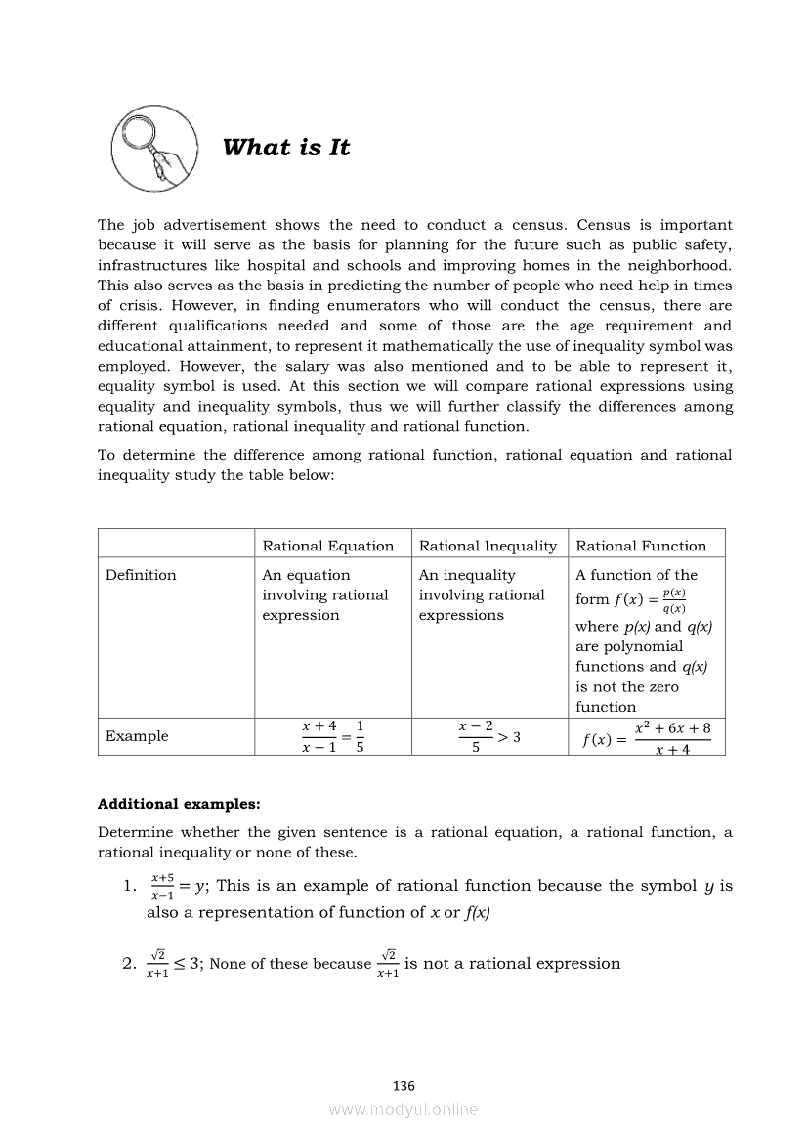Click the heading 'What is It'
[285, 148]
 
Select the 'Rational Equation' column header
[328, 546]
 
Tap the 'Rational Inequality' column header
[488, 546]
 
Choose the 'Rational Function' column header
[641, 546]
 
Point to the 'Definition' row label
[141, 575]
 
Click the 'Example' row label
[137, 736]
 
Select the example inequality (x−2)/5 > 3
[488, 737]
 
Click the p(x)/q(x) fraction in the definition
[673, 600]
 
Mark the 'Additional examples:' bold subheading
[179, 805]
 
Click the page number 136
[403, 1085]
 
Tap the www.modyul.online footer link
[403, 1109]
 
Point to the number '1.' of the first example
[129, 887]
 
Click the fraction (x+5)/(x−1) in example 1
[162, 886]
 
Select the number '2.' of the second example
[129, 964]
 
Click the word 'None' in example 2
[228, 964]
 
